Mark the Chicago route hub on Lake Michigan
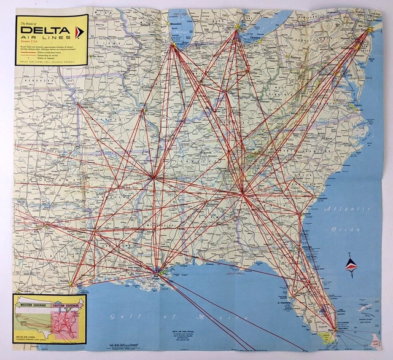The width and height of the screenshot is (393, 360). [x=174, y=46]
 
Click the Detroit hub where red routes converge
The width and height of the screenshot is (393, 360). [x=237, y=28]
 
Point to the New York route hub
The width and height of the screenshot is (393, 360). [x=368, y=29]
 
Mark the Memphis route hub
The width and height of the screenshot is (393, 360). [x=153, y=178]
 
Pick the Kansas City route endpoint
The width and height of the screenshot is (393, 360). [x=78, y=104]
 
